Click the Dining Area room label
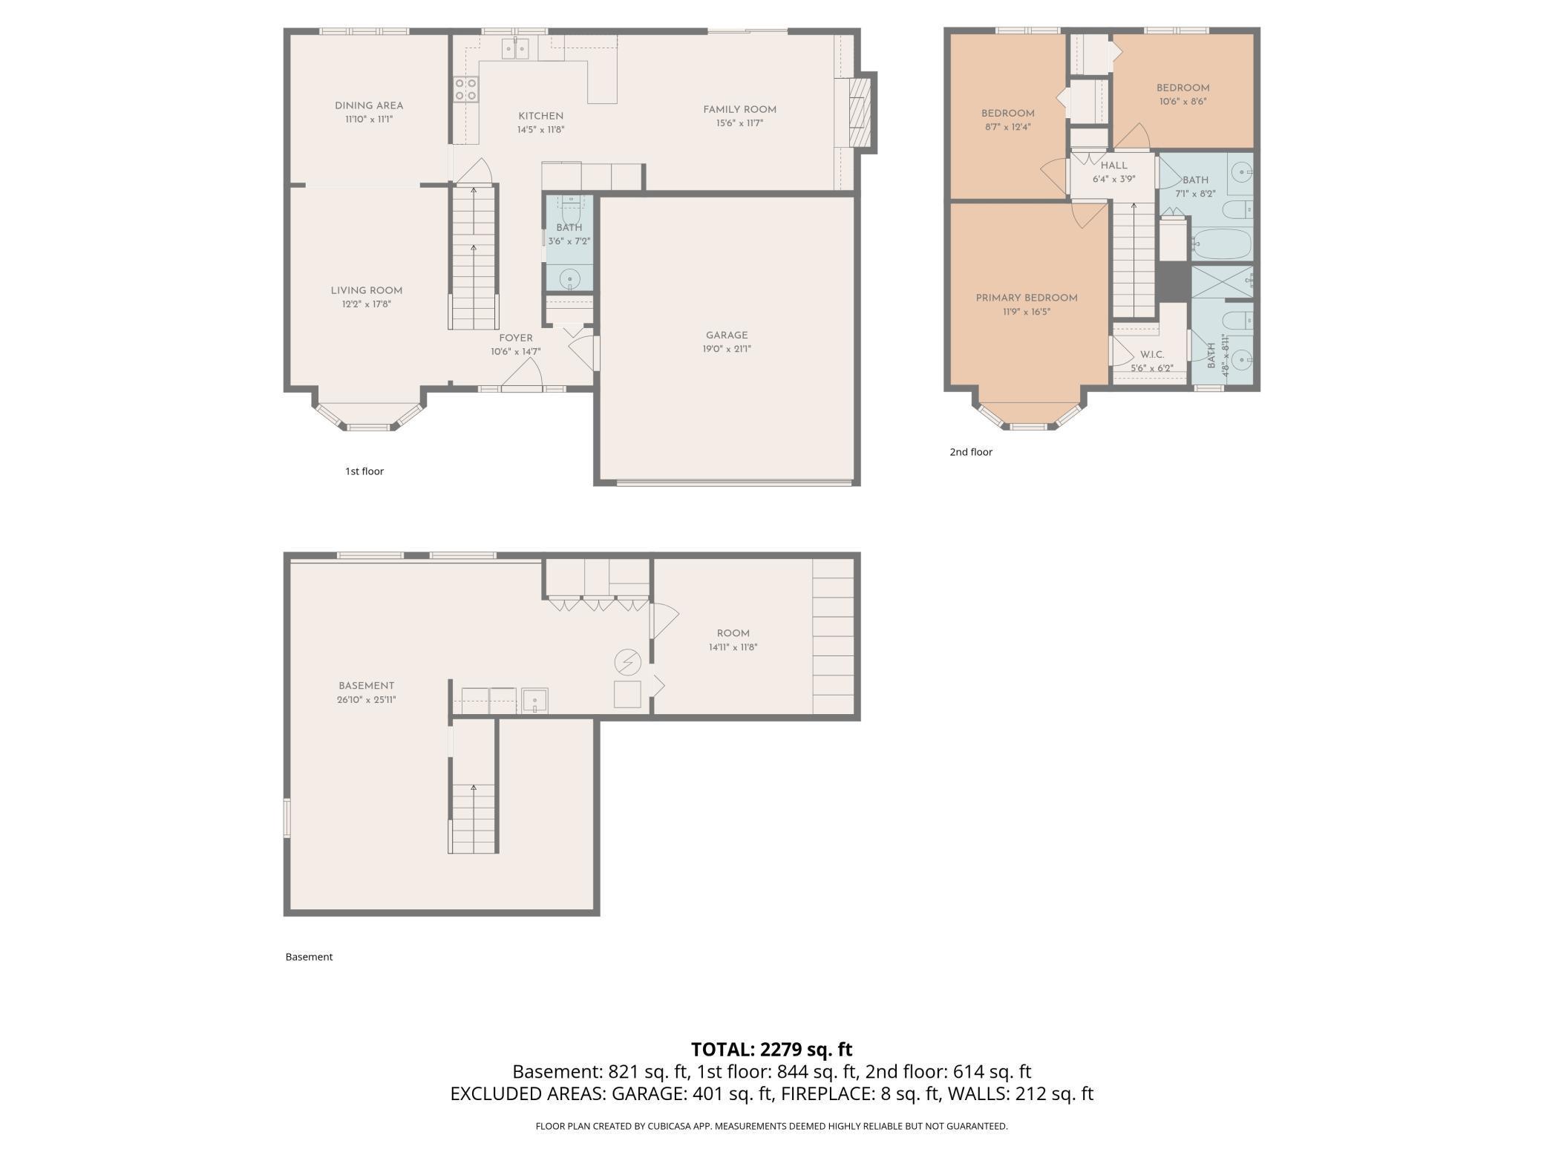click(x=369, y=105)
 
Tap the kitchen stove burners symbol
click(x=465, y=89)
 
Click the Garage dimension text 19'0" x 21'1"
click(x=727, y=349)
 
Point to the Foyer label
click(x=515, y=338)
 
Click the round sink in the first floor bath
click(x=569, y=278)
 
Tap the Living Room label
click(x=367, y=290)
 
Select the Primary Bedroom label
click(x=1026, y=298)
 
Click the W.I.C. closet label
click(x=1151, y=355)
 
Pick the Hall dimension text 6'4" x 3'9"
click(x=1113, y=179)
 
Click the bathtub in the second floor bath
click(x=1221, y=243)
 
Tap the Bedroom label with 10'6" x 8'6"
click(x=1182, y=88)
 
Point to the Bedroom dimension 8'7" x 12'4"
click(x=1007, y=127)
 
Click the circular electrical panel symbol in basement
click(x=627, y=661)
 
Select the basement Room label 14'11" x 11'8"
click(x=733, y=633)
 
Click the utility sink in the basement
click(x=534, y=700)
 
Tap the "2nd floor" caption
click(x=971, y=452)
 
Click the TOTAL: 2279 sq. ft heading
click(x=771, y=1049)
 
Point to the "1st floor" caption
click(x=364, y=471)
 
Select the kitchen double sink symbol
click(x=515, y=49)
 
